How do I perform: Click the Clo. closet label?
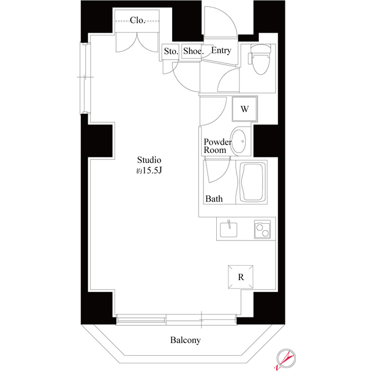[138, 20]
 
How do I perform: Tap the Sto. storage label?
[170, 51]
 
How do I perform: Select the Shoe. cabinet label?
[193, 51]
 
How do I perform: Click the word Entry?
[221, 51]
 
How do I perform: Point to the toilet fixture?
[258, 63]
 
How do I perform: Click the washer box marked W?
[245, 108]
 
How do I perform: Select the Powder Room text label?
[217, 146]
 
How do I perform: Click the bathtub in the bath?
[252, 183]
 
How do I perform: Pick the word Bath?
[214, 199]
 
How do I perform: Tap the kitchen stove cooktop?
[262, 230]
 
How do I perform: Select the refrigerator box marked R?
[241, 277]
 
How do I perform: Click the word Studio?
[149, 160]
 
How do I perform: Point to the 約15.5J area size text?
[148, 171]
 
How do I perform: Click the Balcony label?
[185, 340]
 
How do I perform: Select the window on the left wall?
[84, 78]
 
